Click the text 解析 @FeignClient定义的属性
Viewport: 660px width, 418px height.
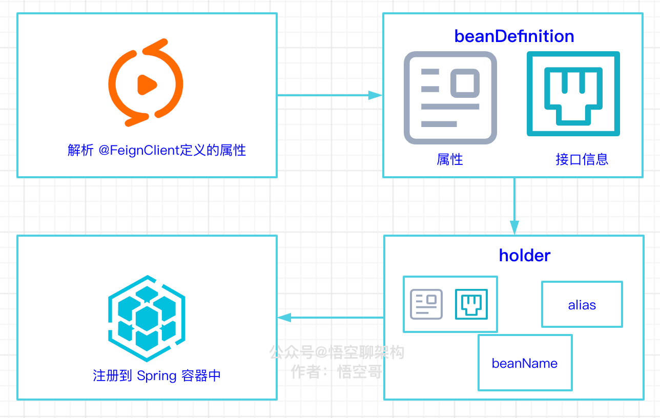pos(157,150)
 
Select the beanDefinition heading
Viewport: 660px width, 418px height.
pos(514,36)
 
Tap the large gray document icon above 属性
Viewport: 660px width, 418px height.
pos(450,98)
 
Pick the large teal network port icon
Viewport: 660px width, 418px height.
pos(573,94)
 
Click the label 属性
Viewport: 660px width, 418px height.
pos(450,159)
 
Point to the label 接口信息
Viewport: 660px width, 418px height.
pos(582,159)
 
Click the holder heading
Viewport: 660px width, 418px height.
pos(525,255)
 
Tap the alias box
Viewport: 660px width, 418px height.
pos(582,305)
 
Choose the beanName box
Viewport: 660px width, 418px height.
pos(525,363)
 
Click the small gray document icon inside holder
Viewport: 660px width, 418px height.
pos(426,304)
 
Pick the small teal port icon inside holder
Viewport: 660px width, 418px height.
pos(471,304)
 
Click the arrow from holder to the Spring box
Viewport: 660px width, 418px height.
pos(331,318)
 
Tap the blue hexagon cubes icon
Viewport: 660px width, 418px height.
pos(147,318)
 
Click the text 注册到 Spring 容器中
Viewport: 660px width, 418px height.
pos(157,375)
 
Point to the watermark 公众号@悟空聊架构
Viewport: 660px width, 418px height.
pos(337,352)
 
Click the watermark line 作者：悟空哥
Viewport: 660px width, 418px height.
pos(337,372)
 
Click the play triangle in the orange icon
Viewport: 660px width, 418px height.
pos(147,85)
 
